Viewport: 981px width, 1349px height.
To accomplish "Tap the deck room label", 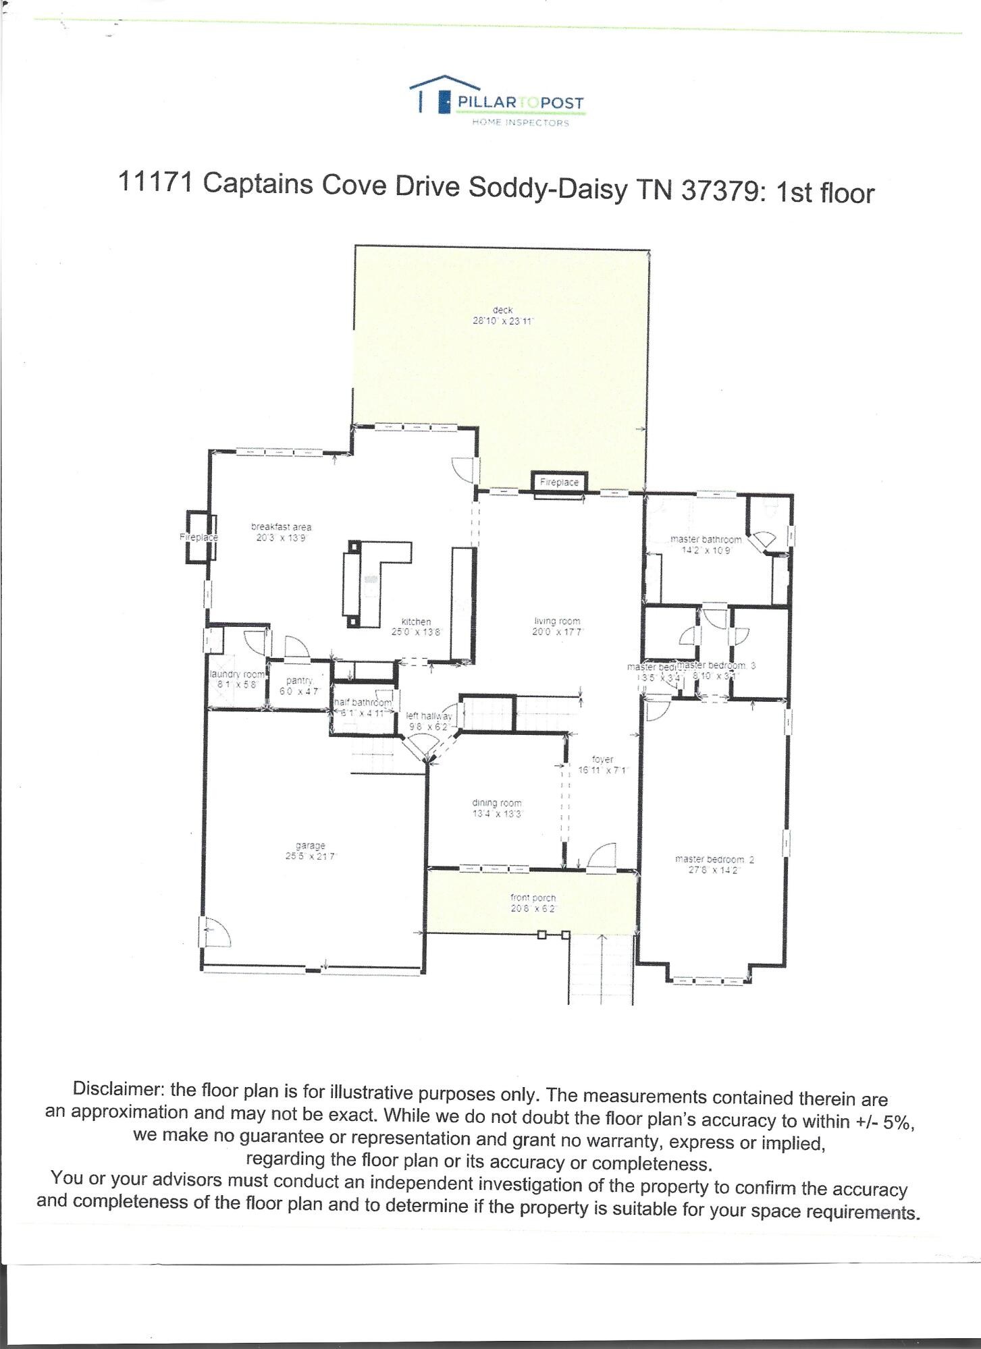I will (x=502, y=310).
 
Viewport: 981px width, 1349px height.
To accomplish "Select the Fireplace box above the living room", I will (x=559, y=483).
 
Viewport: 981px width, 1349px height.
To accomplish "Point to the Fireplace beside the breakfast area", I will (x=198, y=537).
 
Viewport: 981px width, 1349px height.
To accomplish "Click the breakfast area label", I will (x=281, y=527).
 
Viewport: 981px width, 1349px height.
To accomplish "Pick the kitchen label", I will (x=416, y=622).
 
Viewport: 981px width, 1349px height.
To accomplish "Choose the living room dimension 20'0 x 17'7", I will (x=557, y=632).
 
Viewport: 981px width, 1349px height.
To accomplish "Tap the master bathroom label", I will (x=706, y=540).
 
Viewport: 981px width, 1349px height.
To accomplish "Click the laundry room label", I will (x=237, y=674).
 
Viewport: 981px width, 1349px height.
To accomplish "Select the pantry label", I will (x=298, y=681).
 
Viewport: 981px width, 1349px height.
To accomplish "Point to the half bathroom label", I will (x=363, y=703).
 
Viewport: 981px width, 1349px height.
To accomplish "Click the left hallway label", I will (x=429, y=716).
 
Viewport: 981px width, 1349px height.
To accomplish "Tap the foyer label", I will (x=602, y=759).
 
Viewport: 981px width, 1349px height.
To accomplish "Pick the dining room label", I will (x=496, y=803).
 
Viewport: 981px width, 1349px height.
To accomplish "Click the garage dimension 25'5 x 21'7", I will (x=310, y=856).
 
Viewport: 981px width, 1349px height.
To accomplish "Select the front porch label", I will (x=533, y=898).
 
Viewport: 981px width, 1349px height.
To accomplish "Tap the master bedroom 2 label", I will (x=714, y=859).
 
